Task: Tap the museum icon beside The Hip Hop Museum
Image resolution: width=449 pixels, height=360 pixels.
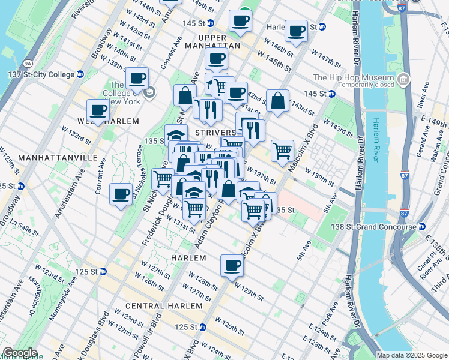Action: tap(403, 79)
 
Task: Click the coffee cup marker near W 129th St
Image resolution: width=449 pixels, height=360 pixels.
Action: tap(231, 265)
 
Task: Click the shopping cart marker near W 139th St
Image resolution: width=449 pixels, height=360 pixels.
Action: tap(282, 151)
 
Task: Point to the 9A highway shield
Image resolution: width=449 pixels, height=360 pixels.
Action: tap(28, 63)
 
